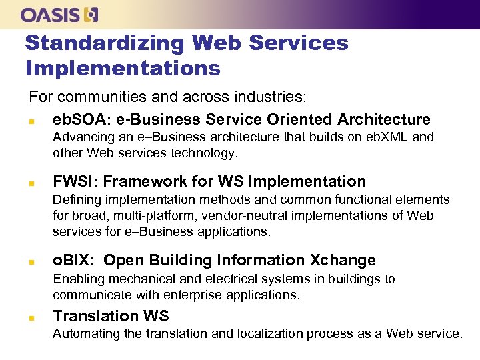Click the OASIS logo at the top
click(x=59, y=14)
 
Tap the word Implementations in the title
click(x=123, y=68)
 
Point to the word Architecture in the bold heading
click(x=384, y=120)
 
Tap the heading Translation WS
click(x=111, y=316)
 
